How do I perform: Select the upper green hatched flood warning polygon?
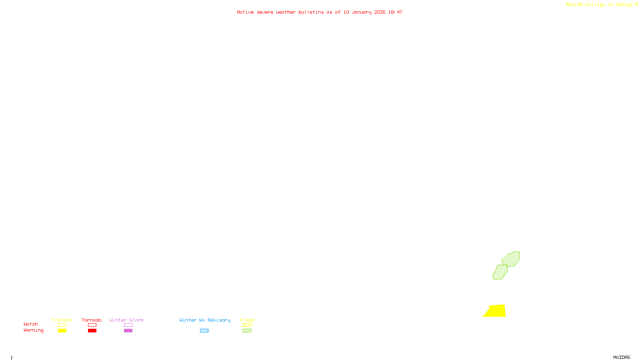(x=511, y=259)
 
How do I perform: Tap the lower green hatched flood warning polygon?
(x=500, y=272)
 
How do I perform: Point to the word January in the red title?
(x=361, y=12)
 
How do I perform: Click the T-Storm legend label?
(x=62, y=320)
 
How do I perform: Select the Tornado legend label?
(x=92, y=320)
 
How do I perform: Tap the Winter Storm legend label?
(x=126, y=320)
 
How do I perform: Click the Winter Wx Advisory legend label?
(x=205, y=320)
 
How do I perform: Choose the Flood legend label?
(x=247, y=320)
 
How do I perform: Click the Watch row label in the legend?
(x=31, y=324)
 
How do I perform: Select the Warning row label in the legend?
(x=33, y=330)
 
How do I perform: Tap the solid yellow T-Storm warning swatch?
(x=62, y=331)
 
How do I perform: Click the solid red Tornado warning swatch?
(x=92, y=331)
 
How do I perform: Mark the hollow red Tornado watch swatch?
(x=92, y=325)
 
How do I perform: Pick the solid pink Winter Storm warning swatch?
(x=128, y=331)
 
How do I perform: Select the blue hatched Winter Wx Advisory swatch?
(x=204, y=331)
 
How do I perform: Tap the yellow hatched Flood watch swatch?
(x=247, y=325)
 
